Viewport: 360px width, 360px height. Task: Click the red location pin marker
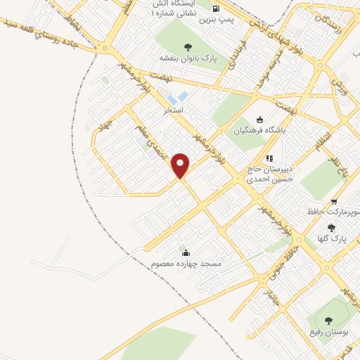click(x=181, y=165)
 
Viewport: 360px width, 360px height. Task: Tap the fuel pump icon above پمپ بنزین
click(x=215, y=8)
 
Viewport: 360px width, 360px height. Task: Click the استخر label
click(x=173, y=110)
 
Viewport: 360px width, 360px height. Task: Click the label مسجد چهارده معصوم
click(x=186, y=263)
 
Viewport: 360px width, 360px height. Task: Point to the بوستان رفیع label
click(x=328, y=330)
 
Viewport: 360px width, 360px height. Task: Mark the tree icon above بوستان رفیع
click(x=328, y=319)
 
